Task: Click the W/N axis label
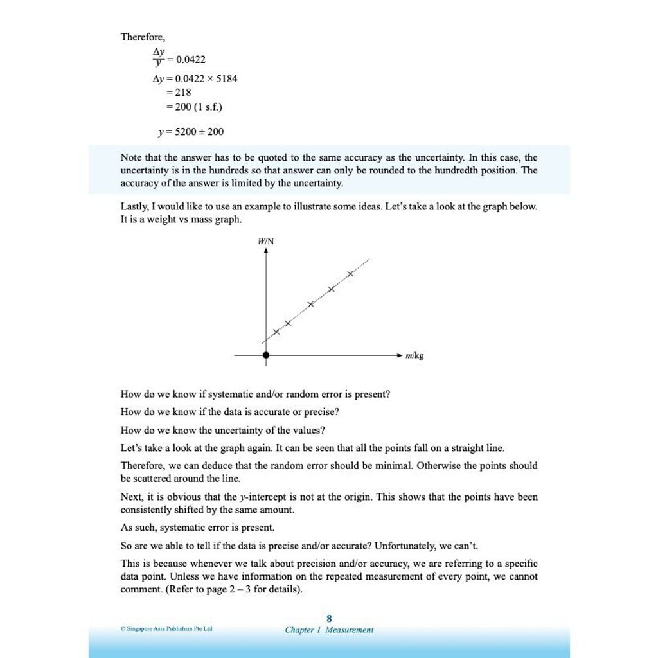point(265,241)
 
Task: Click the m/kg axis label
point(414,355)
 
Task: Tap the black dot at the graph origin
point(266,355)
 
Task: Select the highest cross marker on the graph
point(350,274)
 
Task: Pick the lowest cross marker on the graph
point(276,332)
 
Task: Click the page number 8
point(329,619)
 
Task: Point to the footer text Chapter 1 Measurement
point(329,630)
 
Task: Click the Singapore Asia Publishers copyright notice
point(166,628)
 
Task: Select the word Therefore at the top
point(143,37)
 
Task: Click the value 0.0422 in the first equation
point(191,60)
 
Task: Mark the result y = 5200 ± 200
point(191,132)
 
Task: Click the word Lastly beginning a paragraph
point(134,207)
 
